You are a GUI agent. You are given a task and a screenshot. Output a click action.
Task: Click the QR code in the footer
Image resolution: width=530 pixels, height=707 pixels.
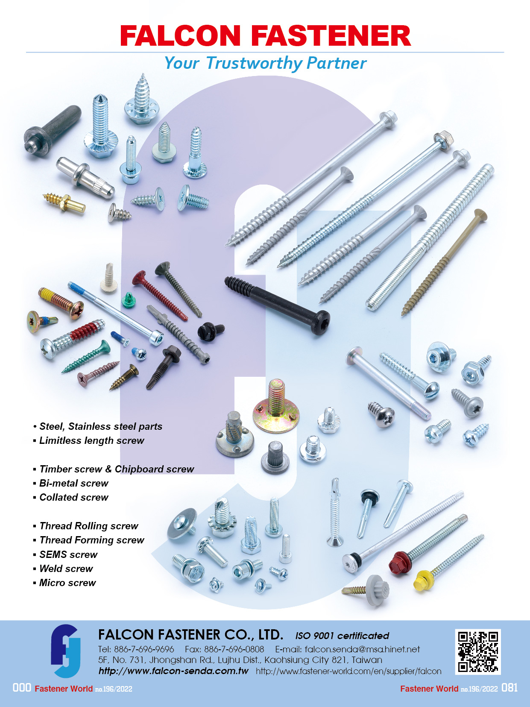(x=478, y=651)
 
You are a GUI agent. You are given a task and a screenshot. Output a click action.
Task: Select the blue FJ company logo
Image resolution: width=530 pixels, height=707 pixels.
(x=65, y=651)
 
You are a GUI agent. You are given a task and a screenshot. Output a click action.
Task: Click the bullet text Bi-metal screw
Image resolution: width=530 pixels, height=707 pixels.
(x=74, y=483)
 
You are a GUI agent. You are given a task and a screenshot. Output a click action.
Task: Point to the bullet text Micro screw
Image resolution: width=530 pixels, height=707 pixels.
(x=67, y=583)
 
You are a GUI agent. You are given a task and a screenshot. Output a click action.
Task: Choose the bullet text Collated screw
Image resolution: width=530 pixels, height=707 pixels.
(x=74, y=497)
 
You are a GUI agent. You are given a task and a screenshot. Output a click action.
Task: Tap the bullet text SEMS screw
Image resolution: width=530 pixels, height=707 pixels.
(x=68, y=554)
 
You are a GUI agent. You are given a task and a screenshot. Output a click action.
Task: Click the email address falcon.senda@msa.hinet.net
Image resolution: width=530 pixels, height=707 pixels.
(x=362, y=649)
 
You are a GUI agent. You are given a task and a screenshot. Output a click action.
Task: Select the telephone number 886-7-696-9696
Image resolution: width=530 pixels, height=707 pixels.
(x=144, y=649)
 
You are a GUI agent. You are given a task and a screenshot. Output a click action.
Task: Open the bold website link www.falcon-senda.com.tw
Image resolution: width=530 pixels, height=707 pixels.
(x=173, y=671)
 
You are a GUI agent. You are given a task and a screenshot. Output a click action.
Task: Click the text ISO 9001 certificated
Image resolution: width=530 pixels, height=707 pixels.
(x=342, y=636)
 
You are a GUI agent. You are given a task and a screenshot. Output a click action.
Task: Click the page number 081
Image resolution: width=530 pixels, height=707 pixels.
(x=510, y=688)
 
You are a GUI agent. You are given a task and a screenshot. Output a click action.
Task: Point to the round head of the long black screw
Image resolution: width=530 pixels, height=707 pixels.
(x=320, y=322)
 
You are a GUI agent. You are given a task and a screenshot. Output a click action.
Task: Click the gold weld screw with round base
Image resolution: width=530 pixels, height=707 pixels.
(x=276, y=409)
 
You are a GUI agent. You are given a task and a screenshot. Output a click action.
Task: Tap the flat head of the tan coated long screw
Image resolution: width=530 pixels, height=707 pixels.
(x=481, y=215)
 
